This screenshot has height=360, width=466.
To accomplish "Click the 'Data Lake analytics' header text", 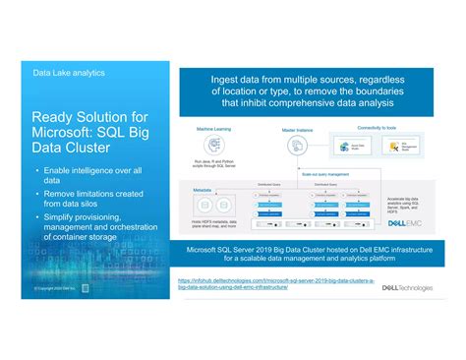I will [x=69, y=72].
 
